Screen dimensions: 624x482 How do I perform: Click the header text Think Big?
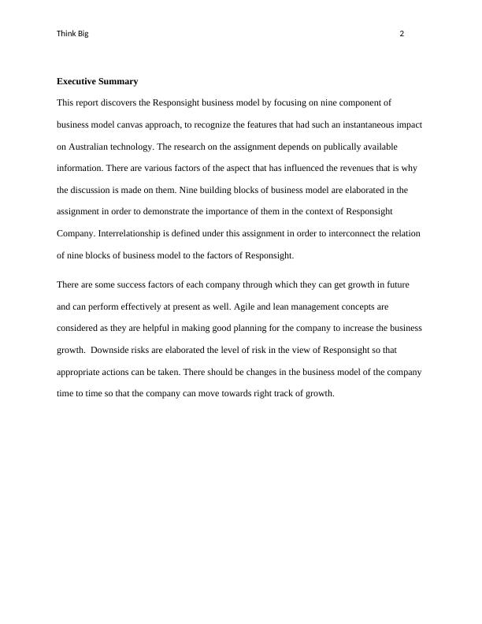click(x=72, y=34)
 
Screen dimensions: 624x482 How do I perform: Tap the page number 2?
click(x=402, y=34)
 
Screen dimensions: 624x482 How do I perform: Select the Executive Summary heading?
click(x=98, y=81)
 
